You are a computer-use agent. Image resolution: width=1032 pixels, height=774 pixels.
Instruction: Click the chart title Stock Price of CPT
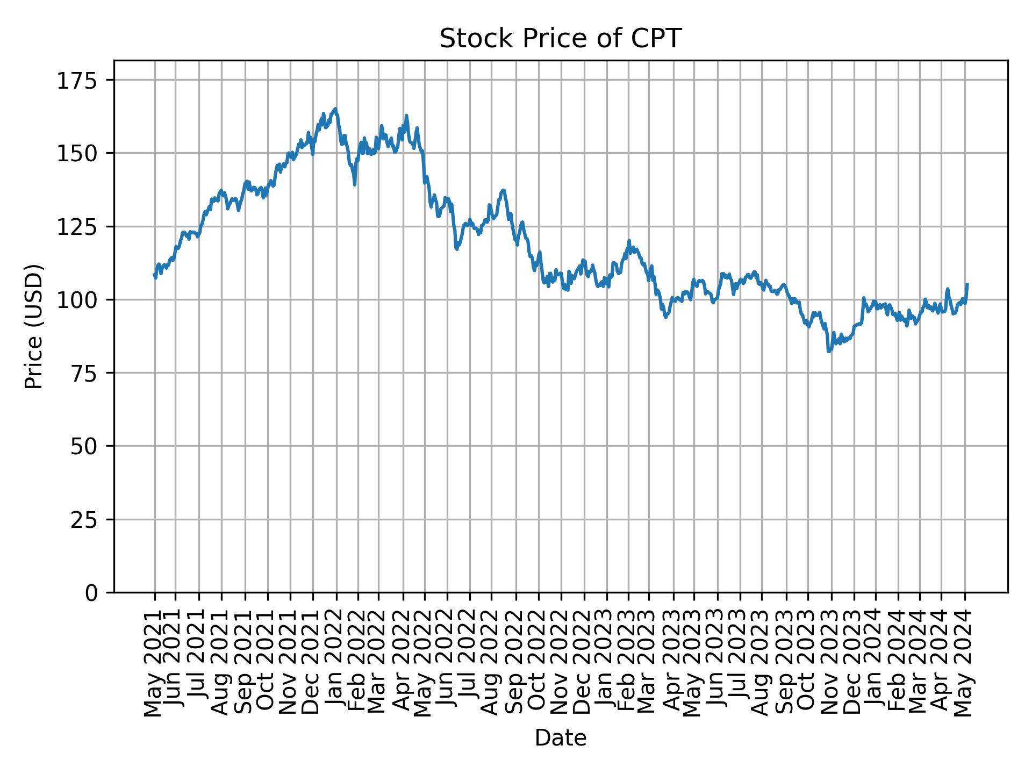click(x=560, y=39)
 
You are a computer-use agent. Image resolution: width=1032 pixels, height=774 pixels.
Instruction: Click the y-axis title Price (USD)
click(x=34, y=326)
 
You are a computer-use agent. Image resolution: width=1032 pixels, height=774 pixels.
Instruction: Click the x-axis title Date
click(x=560, y=739)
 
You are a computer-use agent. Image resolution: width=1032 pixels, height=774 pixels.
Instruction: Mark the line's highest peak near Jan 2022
click(x=335, y=109)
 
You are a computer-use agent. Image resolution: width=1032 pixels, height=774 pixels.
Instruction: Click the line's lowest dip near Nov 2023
click(x=829, y=352)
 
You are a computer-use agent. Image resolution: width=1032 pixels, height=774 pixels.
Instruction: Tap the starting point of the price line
click(x=154, y=275)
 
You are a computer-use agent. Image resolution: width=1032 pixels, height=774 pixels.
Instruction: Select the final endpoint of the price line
click(x=967, y=284)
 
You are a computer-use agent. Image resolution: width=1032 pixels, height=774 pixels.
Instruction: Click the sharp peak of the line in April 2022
click(x=406, y=116)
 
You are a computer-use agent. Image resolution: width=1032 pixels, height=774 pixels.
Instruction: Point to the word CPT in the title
click(x=660, y=39)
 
